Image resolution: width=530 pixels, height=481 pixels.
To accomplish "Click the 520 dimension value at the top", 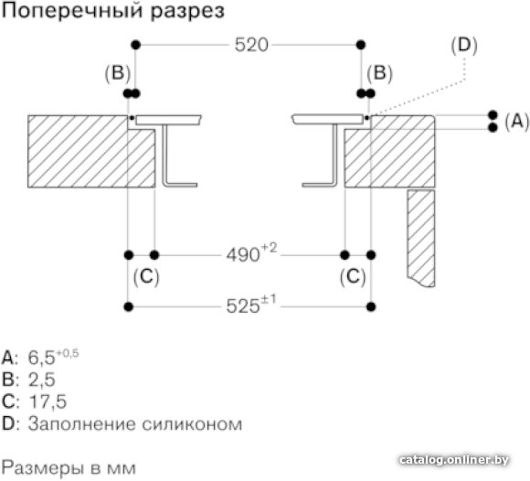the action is click(251, 45).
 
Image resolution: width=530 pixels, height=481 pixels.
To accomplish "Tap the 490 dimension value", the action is click(243, 255).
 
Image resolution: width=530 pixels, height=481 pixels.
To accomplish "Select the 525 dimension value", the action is click(243, 306).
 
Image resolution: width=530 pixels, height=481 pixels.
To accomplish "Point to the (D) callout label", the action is click(464, 46).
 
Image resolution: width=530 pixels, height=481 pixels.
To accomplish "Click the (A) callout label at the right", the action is click(517, 121).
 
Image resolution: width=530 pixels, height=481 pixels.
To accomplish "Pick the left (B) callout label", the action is click(118, 73).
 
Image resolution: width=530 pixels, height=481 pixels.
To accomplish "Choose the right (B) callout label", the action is click(379, 73).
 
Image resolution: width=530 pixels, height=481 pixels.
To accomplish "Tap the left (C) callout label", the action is click(146, 277).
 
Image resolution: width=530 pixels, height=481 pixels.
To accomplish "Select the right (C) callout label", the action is click(353, 277).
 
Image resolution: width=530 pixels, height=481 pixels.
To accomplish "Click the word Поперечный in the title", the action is click(72, 11).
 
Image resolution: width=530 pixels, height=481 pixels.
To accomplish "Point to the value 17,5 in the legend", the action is click(48, 401).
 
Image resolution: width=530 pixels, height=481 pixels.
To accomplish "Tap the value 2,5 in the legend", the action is click(42, 379).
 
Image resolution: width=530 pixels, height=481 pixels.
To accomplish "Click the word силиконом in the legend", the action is click(192, 423).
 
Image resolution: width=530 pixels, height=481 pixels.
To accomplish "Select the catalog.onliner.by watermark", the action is click(454, 460).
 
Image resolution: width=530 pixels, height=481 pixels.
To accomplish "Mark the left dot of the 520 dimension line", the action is click(135, 45).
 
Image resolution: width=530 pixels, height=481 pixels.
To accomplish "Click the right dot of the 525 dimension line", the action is click(371, 307).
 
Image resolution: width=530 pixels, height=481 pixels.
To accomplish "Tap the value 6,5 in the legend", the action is click(41, 358).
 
